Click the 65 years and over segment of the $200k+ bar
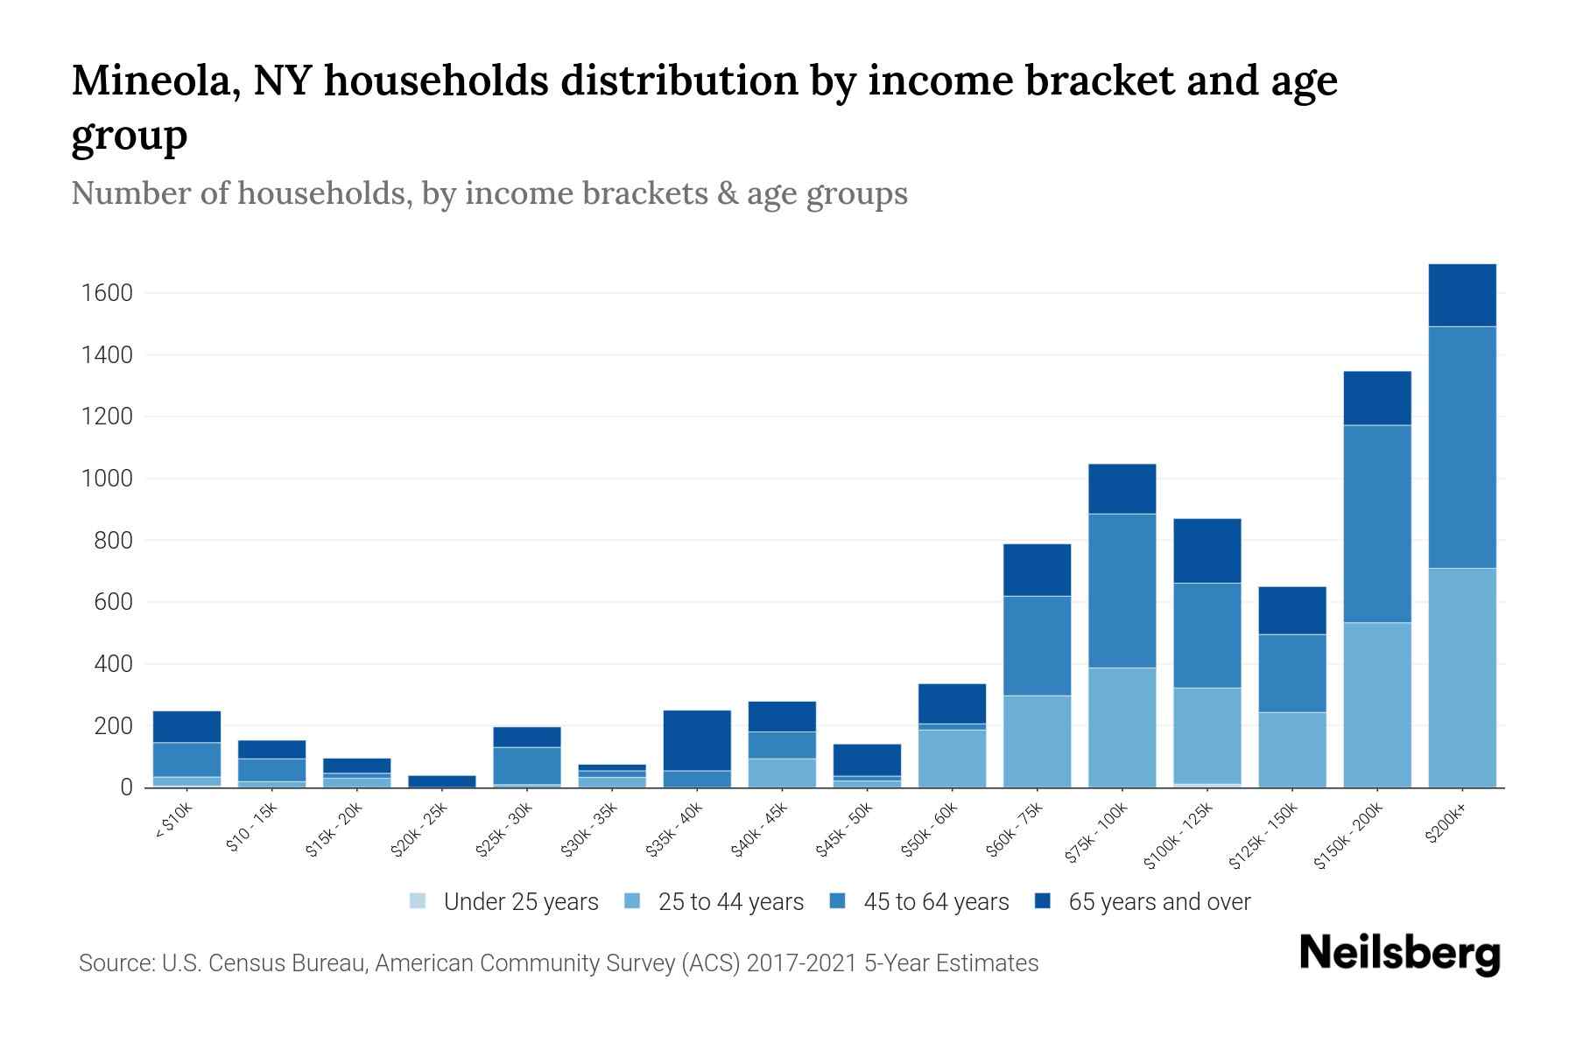tap(1461, 295)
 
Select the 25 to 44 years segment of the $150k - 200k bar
tap(1376, 704)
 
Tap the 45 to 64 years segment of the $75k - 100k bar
tap(1122, 591)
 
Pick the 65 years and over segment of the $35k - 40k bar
tap(697, 740)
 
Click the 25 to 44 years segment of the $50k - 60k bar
tap(952, 758)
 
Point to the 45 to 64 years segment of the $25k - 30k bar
tap(527, 766)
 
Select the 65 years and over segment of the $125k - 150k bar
tap(1291, 611)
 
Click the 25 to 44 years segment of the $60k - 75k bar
tap(1037, 741)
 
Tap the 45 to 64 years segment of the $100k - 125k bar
tap(1207, 635)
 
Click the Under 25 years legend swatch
tap(419, 900)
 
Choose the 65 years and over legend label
tap(1159, 902)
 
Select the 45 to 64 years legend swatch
tap(838, 900)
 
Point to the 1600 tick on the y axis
tap(107, 293)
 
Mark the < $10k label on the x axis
tap(173, 822)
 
